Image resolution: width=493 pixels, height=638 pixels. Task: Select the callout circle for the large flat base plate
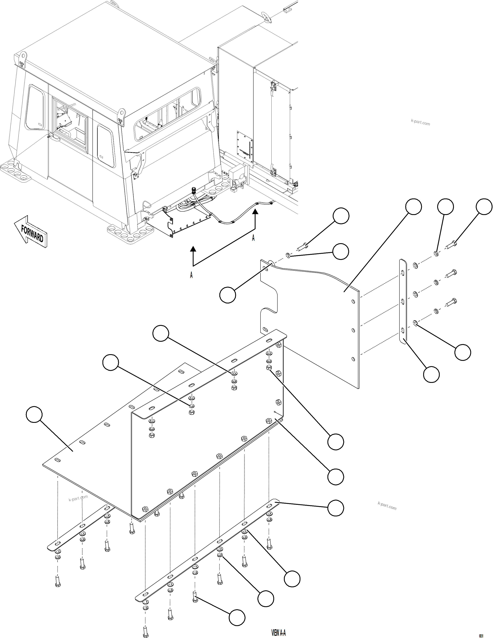click(x=34, y=414)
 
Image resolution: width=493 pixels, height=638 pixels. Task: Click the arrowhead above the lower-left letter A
click(x=193, y=249)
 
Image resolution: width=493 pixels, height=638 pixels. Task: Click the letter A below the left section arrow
click(x=191, y=275)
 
